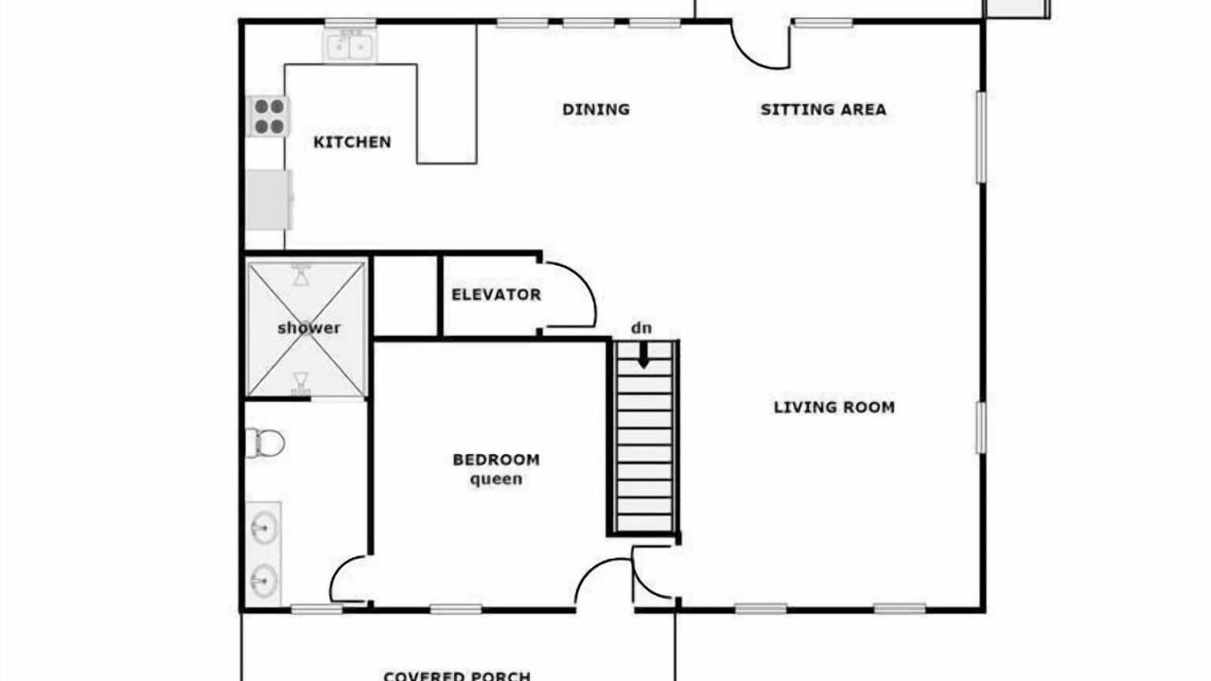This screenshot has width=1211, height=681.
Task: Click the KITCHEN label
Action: click(352, 142)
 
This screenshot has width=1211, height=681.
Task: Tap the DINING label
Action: click(596, 110)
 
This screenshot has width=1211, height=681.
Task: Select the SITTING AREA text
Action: click(823, 110)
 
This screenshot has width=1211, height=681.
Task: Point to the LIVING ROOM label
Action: click(834, 407)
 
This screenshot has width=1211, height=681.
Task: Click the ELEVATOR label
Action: click(497, 294)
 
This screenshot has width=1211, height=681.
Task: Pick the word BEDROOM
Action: click(496, 460)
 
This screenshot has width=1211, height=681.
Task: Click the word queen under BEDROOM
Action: click(496, 480)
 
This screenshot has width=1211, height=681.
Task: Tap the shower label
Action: click(308, 328)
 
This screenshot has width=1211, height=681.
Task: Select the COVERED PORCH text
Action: click(457, 675)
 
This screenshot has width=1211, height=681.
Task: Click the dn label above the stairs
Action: click(641, 328)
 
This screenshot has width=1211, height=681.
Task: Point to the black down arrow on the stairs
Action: click(643, 356)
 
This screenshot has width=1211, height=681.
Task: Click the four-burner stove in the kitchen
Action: click(269, 116)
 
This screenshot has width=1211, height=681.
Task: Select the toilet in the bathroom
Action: click(265, 444)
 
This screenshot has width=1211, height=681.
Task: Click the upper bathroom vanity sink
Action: click(264, 527)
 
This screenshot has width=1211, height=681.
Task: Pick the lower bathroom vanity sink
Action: click(264, 581)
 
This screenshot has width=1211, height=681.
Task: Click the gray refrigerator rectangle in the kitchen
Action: click(269, 200)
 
